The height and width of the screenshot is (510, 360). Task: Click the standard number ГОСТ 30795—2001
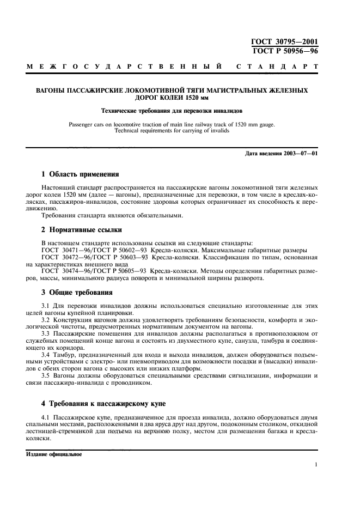click(284, 42)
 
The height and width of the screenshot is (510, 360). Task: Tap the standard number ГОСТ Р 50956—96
click(284, 51)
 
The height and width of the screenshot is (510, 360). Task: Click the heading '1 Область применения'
click(80, 174)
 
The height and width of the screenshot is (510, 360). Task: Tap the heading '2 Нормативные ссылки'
click(82, 230)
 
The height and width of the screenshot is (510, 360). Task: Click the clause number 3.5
click(47, 375)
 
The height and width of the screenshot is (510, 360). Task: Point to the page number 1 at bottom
click(316, 466)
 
